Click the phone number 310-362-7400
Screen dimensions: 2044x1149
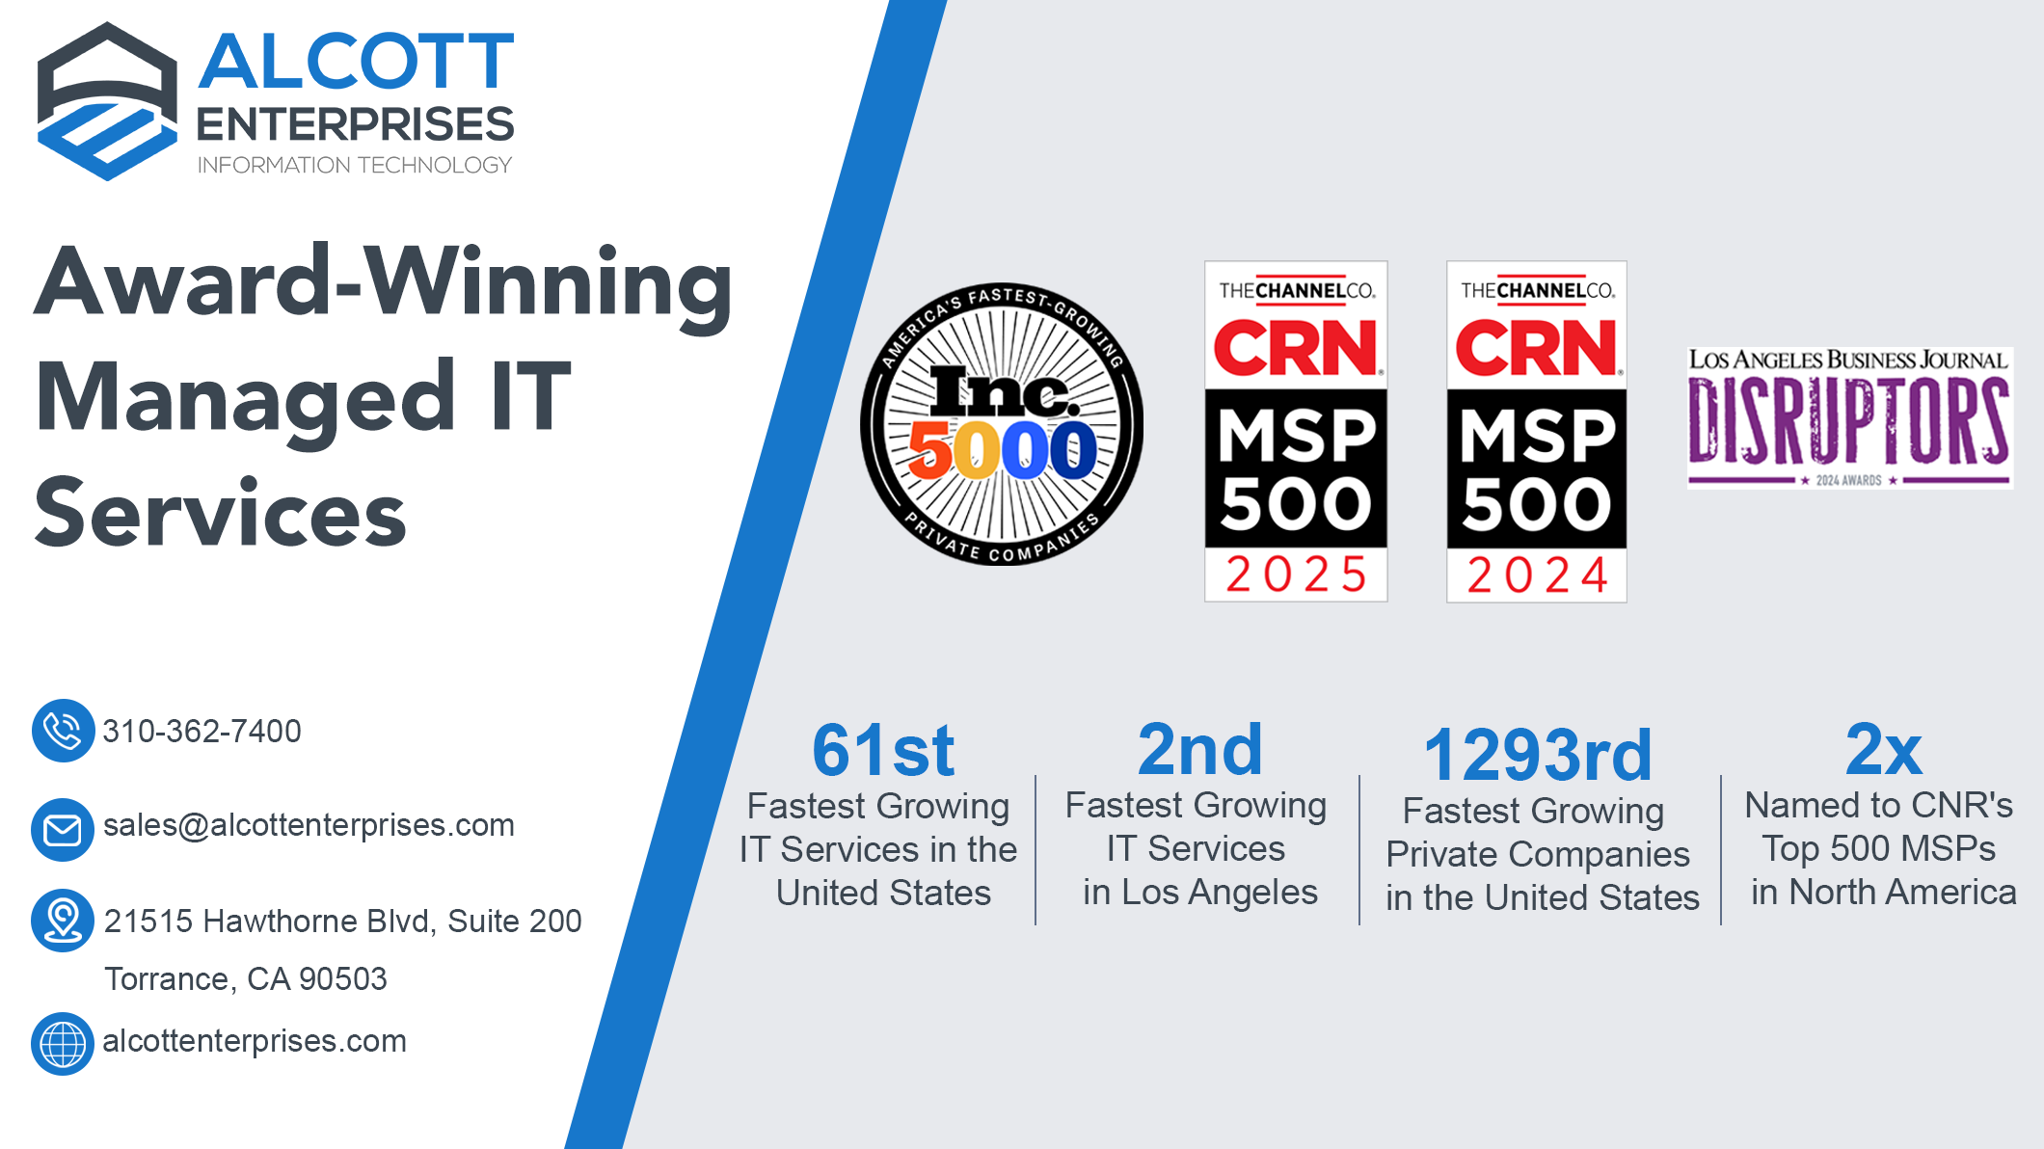202,731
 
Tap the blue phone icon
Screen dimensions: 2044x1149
63,731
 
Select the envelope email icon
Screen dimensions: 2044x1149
63,829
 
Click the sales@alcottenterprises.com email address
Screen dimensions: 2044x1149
309,825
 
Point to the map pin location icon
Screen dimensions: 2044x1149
63,921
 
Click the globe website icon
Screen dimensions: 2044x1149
63,1043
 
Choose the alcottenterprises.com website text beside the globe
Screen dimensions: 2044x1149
255,1041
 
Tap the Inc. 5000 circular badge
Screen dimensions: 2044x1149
1002,424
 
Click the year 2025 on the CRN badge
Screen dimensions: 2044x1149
1296,574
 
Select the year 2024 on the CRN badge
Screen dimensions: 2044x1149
1537,575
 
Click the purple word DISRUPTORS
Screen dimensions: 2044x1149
1848,420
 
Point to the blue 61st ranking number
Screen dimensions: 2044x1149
883,750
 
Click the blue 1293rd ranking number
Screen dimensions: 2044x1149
1538,755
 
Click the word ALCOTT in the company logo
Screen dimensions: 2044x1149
356,61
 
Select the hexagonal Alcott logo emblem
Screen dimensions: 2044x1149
107,101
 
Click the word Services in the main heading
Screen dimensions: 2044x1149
220,513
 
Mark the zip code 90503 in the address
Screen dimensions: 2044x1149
343,978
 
